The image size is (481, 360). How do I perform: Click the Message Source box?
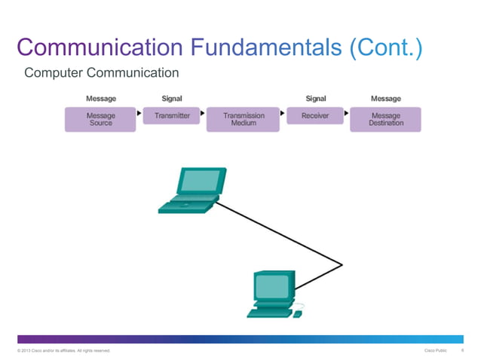(100, 119)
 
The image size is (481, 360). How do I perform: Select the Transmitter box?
(172, 116)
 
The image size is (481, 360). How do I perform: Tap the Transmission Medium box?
(244, 119)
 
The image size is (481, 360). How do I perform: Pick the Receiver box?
(315, 116)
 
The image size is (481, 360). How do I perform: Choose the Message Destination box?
(385, 119)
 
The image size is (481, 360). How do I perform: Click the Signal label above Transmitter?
(172, 99)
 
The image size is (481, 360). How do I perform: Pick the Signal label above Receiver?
(315, 99)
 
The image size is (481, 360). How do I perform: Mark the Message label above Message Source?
(101, 99)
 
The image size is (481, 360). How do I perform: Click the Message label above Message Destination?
(386, 99)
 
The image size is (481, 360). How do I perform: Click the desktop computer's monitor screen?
(271, 286)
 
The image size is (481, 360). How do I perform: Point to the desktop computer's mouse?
(298, 313)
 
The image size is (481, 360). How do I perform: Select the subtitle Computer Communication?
(102, 73)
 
